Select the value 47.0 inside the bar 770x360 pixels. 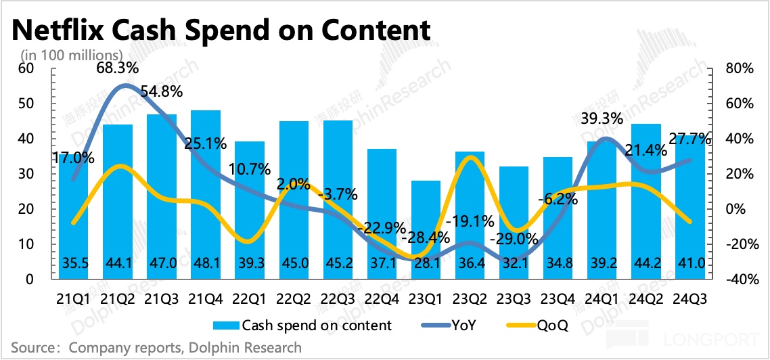point(162,263)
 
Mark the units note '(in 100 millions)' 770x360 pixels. point(70,54)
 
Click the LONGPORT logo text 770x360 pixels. point(725,337)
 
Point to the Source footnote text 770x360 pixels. point(156,348)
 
